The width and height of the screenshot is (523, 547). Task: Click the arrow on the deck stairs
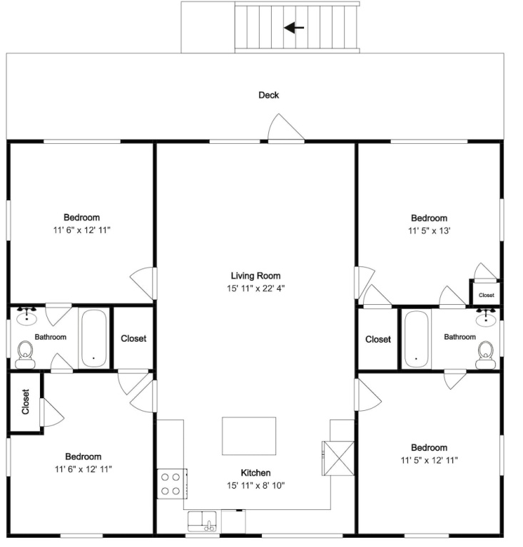tap(294, 28)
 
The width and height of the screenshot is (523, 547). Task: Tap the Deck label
tap(269, 95)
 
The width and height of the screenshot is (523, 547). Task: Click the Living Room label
tap(255, 276)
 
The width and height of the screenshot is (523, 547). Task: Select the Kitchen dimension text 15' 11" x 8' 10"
tap(255, 485)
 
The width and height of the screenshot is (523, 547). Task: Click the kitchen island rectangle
tap(249, 436)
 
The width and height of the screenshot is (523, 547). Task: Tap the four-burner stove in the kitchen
tap(171, 484)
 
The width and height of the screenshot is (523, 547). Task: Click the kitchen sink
tap(202, 521)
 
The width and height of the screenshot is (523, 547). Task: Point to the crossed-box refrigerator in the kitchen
tap(338, 458)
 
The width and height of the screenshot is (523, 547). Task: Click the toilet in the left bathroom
tap(25, 355)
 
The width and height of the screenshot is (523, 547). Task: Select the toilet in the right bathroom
tap(486, 355)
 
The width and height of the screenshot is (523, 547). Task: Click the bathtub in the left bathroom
tap(93, 338)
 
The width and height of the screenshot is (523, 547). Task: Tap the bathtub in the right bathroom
tap(416, 339)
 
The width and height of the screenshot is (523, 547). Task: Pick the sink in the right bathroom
tap(486, 318)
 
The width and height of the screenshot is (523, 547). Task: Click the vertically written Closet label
tap(26, 402)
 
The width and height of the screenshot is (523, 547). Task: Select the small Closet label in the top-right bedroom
tap(487, 295)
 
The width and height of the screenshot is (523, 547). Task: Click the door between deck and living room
tap(286, 128)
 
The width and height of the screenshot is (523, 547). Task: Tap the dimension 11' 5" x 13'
tap(429, 231)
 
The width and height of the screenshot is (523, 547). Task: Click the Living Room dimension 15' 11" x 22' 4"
tap(255, 288)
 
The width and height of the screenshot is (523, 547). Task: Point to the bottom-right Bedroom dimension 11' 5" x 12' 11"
tap(429, 460)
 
